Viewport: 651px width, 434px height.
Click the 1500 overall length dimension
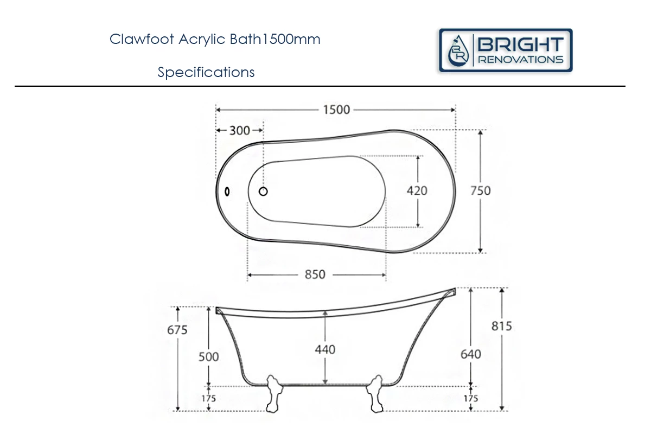pyautogui.click(x=336, y=110)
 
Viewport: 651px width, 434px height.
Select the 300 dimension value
pyautogui.click(x=239, y=131)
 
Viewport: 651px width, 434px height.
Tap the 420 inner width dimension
pyautogui.click(x=417, y=191)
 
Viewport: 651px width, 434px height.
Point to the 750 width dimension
pyautogui.click(x=480, y=191)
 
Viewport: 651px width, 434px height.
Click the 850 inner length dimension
pyautogui.click(x=315, y=275)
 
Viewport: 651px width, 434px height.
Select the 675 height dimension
pyautogui.click(x=177, y=329)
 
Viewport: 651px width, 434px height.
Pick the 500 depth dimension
pyautogui.click(x=209, y=356)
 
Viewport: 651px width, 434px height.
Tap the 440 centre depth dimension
pyautogui.click(x=325, y=349)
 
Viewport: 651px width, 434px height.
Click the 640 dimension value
pyautogui.click(x=470, y=354)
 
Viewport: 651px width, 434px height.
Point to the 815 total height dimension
pyautogui.click(x=502, y=326)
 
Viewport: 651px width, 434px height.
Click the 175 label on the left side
pyautogui.click(x=208, y=399)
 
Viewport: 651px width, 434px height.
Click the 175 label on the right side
pyautogui.click(x=470, y=399)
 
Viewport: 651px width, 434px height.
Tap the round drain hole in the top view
pyautogui.click(x=264, y=192)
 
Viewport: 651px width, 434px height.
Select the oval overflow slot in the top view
pyautogui.click(x=227, y=192)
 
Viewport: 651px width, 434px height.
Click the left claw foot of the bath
pyautogui.click(x=275, y=395)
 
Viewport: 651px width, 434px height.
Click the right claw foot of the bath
pyautogui.click(x=374, y=395)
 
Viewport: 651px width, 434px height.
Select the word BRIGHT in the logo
pyautogui.click(x=520, y=44)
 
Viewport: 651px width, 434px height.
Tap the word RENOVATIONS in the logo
pyautogui.click(x=520, y=59)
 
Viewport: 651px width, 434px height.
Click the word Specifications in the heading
pyautogui.click(x=206, y=72)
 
